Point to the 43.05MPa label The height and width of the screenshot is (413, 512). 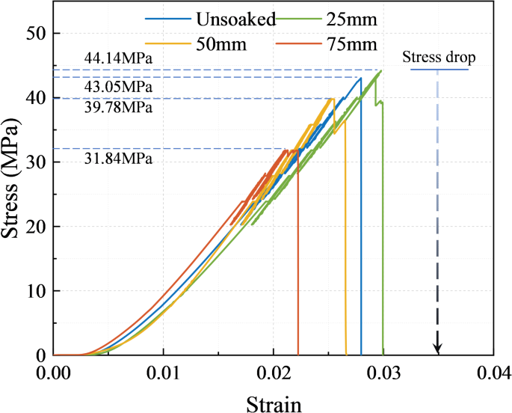click(117, 87)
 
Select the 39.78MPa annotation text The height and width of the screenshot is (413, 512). click(117, 107)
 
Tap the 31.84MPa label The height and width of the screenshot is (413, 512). click(117, 158)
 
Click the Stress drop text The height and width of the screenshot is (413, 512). click(439, 57)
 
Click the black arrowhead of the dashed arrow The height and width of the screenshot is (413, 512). click(438, 349)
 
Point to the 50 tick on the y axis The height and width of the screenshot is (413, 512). click(38, 34)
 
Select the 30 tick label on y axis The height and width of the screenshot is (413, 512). click(38, 162)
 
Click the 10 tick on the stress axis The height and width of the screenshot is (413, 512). click(38, 291)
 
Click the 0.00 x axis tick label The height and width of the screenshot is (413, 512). click(54, 372)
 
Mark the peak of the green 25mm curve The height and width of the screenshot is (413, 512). click(380, 71)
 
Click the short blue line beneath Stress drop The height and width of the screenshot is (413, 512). click(439, 70)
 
